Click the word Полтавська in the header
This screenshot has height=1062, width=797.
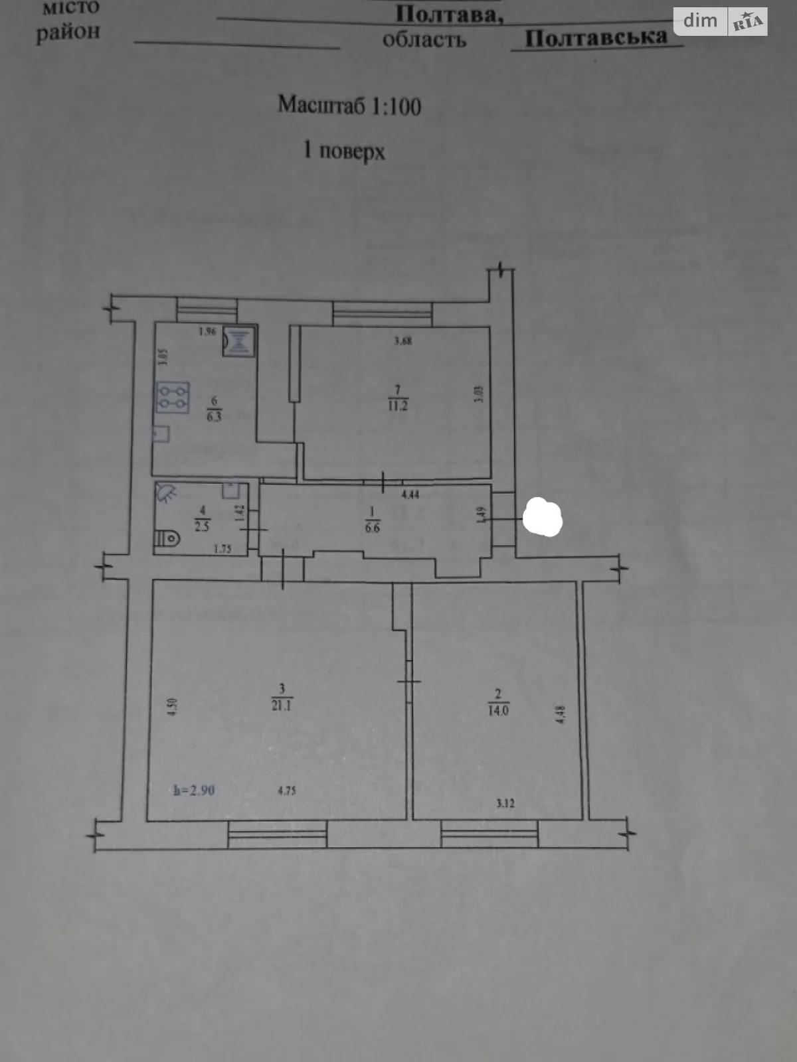[x=596, y=37]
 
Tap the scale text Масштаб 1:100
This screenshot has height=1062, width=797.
[x=349, y=105]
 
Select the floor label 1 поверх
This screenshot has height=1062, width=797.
[x=343, y=151]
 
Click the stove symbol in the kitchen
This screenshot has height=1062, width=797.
[x=173, y=397]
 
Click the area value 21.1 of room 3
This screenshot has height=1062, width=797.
[x=281, y=706]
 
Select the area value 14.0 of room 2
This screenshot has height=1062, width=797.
[x=498, y=710]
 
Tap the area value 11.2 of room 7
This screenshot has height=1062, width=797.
[x=397, y=406]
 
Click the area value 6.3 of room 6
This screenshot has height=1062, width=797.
[x=214, y=417]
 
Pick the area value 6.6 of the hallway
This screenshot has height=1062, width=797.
[x=372, y=528]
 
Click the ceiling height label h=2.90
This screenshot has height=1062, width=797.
[x=194, y=791]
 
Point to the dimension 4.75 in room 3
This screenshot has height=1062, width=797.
[x=286, y=791]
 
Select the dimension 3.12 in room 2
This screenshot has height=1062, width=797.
[x=505, y=803]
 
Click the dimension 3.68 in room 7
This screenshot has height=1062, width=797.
[x=402, y=341]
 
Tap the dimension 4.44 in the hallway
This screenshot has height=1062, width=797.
[x=410, y=494]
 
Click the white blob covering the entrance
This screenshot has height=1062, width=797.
[x=543, y=517]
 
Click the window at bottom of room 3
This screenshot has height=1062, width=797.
[x=278, y=834]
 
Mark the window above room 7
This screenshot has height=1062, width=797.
[x=383, y=313]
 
